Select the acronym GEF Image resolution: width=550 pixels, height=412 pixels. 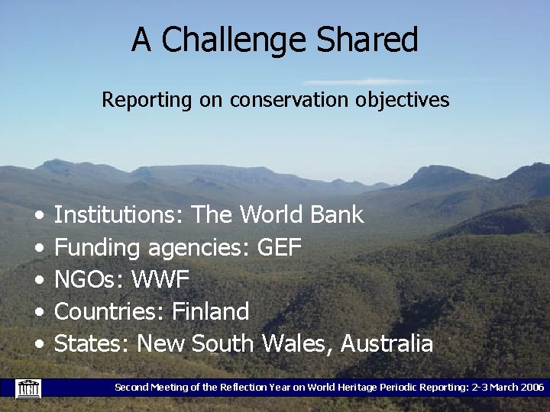[x=280, y=247]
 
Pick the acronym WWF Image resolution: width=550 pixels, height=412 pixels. [x=160, y=279]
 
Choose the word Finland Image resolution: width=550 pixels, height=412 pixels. [x=211, y=311]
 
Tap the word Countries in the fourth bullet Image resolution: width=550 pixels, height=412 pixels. [x=108, y=311]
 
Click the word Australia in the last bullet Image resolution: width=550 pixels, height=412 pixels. [x=387, y=343]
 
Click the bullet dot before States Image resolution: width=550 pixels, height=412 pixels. [x=38, y=345]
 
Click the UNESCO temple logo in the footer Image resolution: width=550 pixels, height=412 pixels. [x=28, y=388]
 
